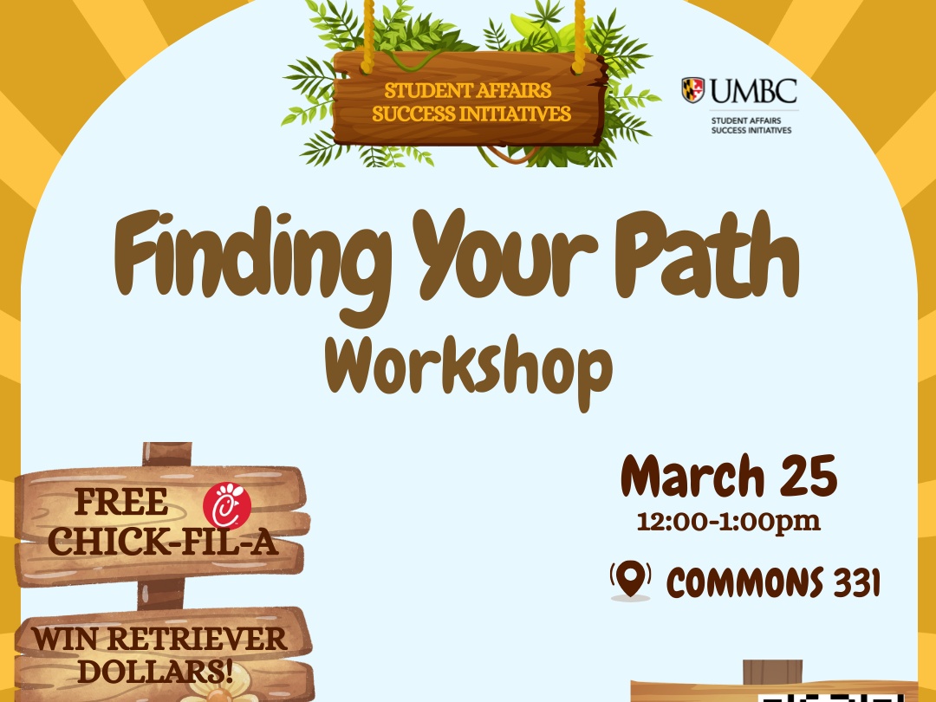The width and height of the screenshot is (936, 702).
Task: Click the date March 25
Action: [729, 476]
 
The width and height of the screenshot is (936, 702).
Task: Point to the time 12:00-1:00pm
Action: [728, 523]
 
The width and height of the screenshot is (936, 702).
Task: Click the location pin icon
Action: [630, 579]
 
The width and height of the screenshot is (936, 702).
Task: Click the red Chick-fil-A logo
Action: [227, 506]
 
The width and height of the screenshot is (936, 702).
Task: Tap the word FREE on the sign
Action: [121, 502]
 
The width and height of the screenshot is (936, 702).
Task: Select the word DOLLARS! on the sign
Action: [161, 670]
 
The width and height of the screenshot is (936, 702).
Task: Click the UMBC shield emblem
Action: [693, 89]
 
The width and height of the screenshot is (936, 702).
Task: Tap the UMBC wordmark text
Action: [752, 89]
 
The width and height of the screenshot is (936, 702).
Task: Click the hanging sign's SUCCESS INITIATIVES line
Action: [471, 114]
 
